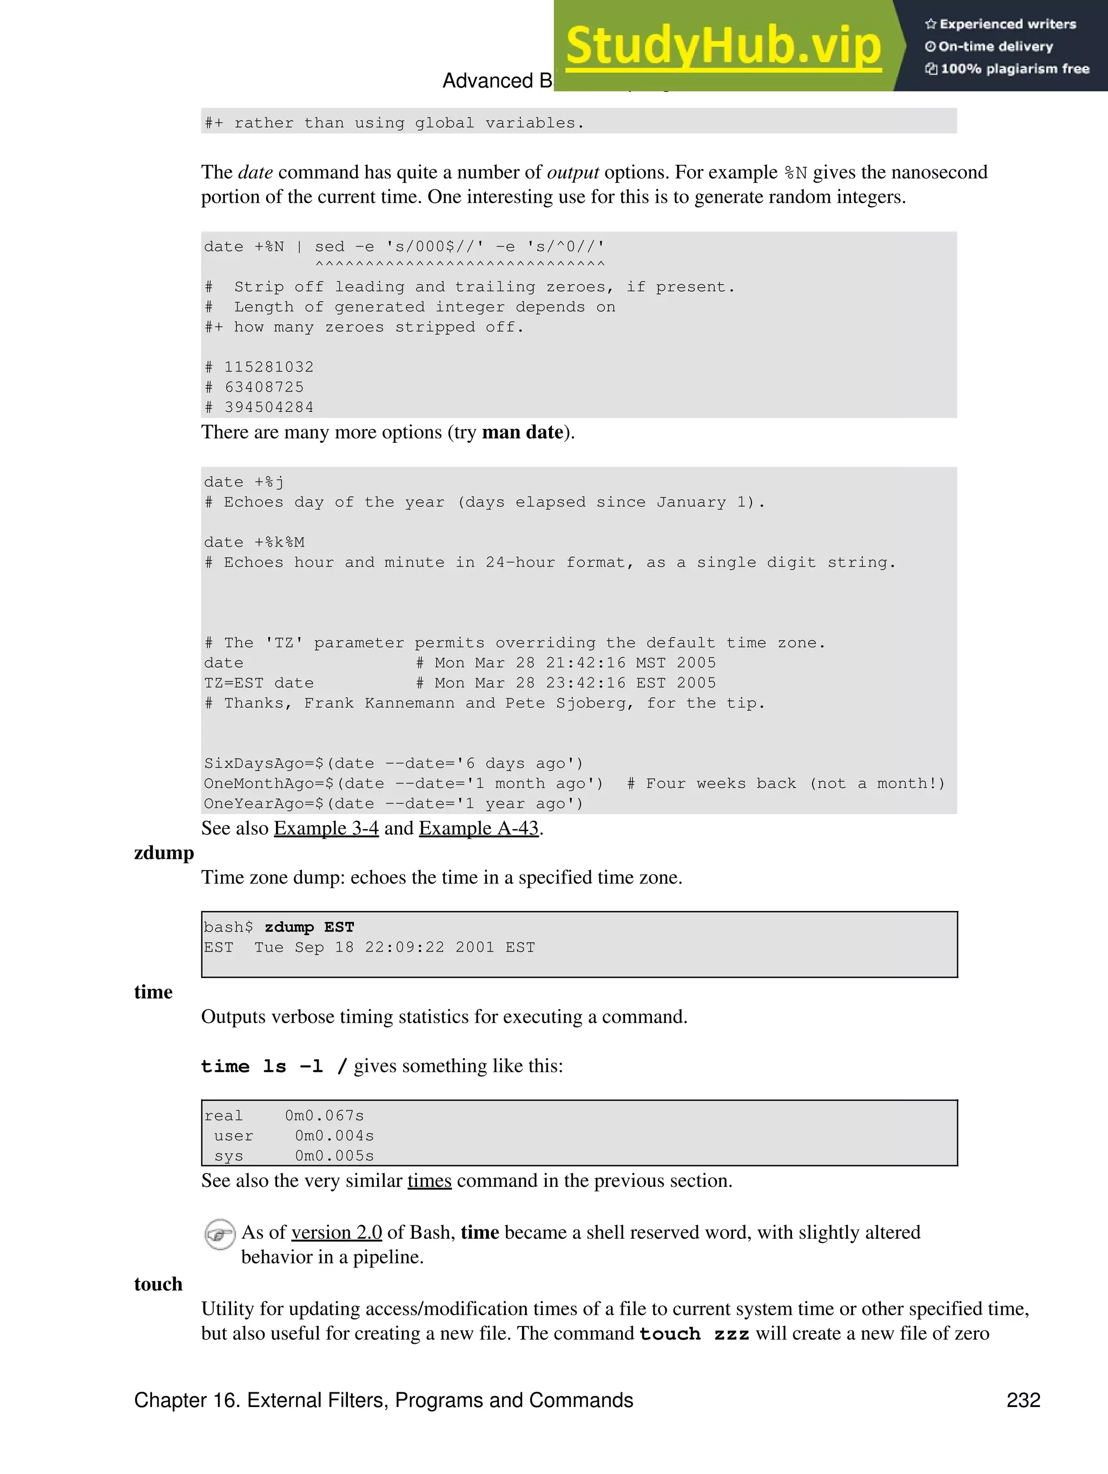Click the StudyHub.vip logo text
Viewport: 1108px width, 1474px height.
723,45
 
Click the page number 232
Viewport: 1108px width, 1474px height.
1023,1400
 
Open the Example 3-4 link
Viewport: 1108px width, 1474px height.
326,828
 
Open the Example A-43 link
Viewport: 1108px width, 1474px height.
479,828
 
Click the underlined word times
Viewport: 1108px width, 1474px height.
430,1181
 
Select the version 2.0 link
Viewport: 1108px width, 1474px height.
337,1232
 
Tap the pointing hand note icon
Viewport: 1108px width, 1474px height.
219,1234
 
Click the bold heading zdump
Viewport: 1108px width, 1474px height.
164,853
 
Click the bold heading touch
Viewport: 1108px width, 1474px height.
158,1284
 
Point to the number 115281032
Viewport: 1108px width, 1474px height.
269,367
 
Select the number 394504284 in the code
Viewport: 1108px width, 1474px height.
269,407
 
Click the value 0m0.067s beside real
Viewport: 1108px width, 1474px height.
324,1116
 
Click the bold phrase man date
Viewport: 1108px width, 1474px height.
523,433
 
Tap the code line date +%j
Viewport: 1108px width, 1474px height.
244,482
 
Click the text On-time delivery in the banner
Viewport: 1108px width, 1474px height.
995,47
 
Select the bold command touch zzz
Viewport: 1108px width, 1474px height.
694,1333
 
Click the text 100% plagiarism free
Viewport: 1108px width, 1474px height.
1014,69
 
